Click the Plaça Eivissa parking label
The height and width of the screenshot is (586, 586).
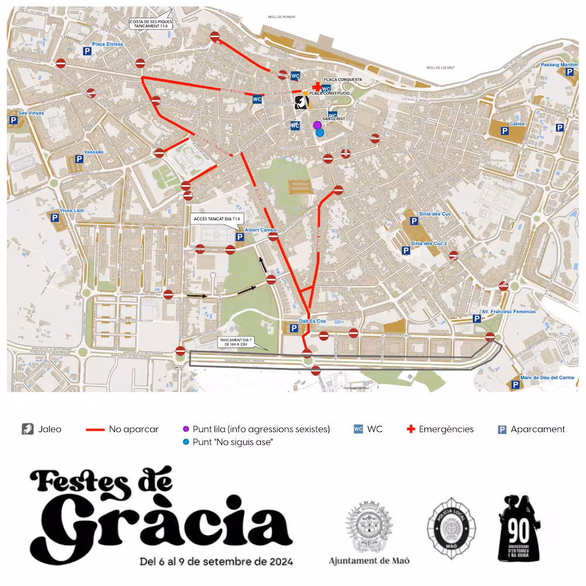click(107, 44)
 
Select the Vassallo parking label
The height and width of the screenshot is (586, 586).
click(94, 152)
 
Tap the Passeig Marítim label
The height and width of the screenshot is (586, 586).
click(559, 64)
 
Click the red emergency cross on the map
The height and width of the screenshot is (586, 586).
click(317, 87)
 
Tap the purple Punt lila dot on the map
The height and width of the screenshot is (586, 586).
click(317, 125)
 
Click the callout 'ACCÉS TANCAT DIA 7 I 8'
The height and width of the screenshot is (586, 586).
click(216, 219)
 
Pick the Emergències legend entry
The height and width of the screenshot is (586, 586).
click(440, 429)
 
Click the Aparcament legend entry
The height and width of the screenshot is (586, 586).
click(532, 429)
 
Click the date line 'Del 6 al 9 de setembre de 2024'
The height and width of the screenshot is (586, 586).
click(216, 561)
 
